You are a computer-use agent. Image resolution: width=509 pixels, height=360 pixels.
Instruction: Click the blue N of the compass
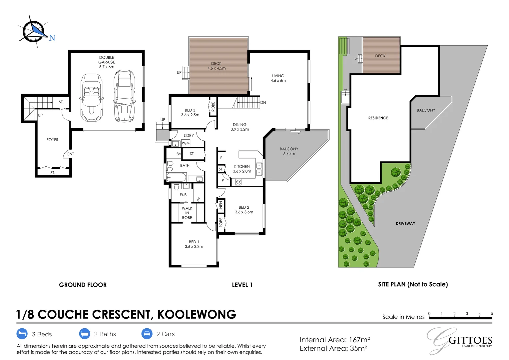pyautogui.click(x=52, y=38)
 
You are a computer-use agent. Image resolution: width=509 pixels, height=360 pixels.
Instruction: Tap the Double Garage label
pyautogui.click(x=107, y=60)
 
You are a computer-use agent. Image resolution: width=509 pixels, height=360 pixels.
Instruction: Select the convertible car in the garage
pyautogui.click(x=91, y=98)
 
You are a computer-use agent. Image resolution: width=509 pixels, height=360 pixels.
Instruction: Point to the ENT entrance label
pyautogui.click(x=71, y=154)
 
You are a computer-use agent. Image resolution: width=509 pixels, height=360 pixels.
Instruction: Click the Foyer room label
pyautogui.click(x=53, y=140)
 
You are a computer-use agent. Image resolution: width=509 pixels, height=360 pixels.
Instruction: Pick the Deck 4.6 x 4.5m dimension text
pyautogui.click(x=217, y=68)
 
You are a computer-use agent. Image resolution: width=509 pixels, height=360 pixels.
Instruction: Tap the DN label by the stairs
pyautogui.click(x=263, y=103)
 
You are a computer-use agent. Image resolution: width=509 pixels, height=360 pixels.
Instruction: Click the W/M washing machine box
pyautogui.click(x=186, y=143)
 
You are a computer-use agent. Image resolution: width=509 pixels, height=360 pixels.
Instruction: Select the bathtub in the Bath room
pyautogui.click(x=176, y=177)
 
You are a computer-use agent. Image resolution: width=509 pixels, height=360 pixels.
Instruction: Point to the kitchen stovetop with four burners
pyautogui.click(x=238, y=182)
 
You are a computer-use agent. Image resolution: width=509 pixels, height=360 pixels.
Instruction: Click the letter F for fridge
pyautogui.click(x=221, y=158)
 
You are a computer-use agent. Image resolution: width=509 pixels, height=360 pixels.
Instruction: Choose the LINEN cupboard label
pyautogui.click(x=221, y=206)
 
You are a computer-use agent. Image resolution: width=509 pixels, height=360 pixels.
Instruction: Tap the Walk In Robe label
pyautogui.click(x=187, y=213)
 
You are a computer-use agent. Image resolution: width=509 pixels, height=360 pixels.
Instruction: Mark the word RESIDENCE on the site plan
pyautogui.click(x=378, y=118)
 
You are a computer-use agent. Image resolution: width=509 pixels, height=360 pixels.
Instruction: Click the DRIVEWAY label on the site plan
pyautogui.click(x=405, y=224)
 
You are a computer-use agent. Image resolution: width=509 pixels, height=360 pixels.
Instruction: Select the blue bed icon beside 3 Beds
pyautogui.click(x=22, y=334)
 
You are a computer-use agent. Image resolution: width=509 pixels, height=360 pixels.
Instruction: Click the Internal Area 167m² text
pyautogui.click(x=335, y=340)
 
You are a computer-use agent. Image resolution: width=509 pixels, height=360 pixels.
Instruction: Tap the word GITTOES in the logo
pyautogui.click(x=470, y=340)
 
